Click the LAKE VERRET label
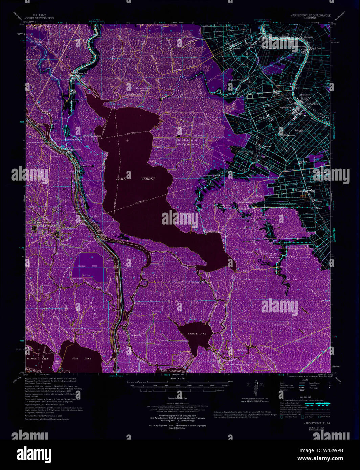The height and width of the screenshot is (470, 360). coord(136,179)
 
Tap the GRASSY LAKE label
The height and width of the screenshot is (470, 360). coord(197,334)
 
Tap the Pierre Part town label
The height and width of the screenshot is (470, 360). coord(80,73)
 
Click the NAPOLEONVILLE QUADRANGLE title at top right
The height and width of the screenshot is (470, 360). coord(310,16)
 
